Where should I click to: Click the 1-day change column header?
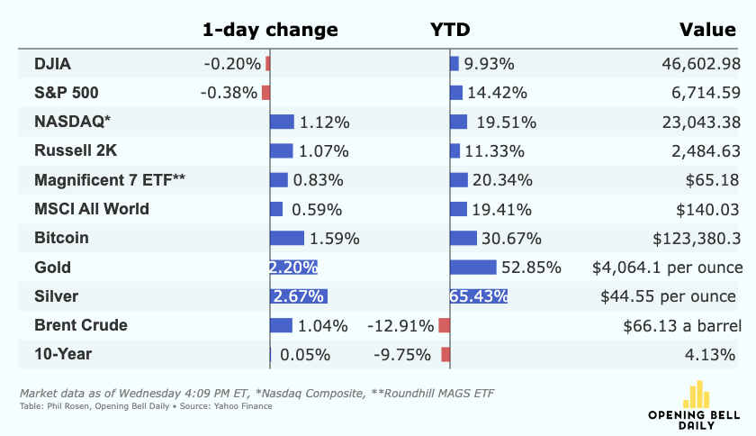click(x=270, y=30)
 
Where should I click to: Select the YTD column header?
click(x=450, y=30)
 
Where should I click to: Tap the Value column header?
click(x=707, y=30)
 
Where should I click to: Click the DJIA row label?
click(x=52, y=64)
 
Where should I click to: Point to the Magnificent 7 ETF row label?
click(x=110, y=180)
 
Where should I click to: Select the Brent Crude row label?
click(x=80, y=325)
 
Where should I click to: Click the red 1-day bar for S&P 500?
click(x=265, y=93)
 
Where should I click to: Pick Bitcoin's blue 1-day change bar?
click(x=287, y=238)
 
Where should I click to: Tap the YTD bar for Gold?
click(x=473, y=267)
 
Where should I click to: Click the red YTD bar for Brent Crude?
click(x=444, y=325)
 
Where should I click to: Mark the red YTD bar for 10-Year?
click(x=445, y=354)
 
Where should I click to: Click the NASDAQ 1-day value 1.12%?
click(x=325, y=123)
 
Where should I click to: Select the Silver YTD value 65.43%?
click(x=478, y=296)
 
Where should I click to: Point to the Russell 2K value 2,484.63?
click(x=706, y=151)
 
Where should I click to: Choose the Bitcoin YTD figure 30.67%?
click(x=511, y=238)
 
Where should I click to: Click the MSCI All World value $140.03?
click(x=707, y=210)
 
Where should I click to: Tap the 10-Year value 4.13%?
click(x=710, y=354)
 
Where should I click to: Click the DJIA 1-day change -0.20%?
click(x=232, y=64)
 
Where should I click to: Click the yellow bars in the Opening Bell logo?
click(x=697, y=395)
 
